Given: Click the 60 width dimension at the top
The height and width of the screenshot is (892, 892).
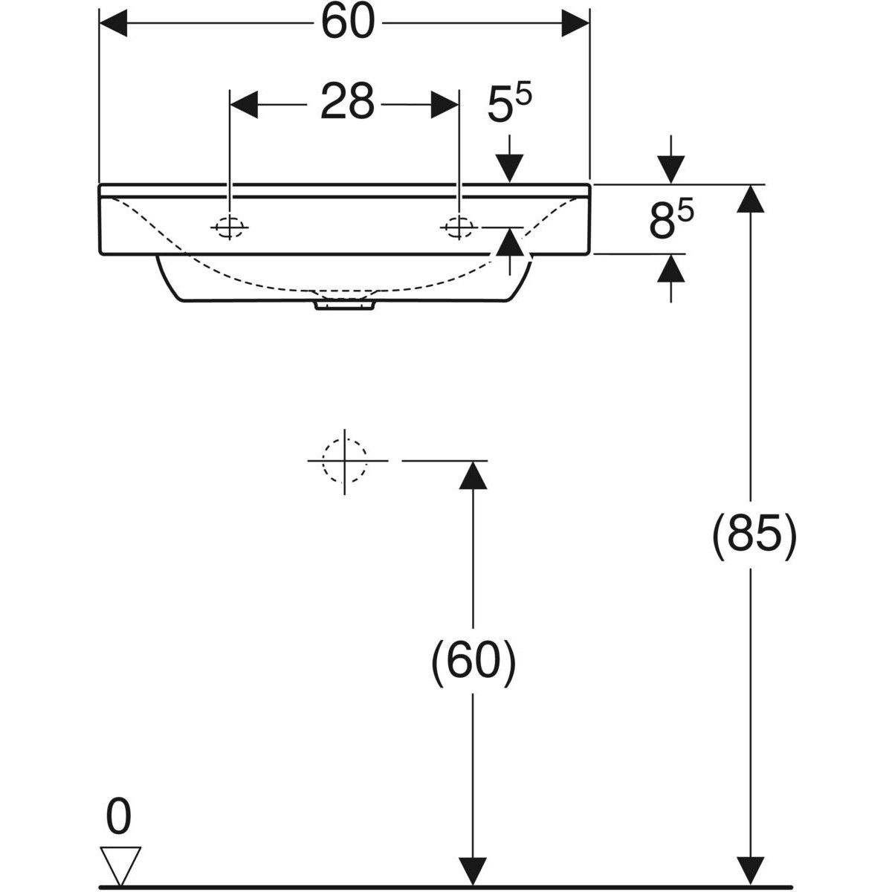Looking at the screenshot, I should (346, 23).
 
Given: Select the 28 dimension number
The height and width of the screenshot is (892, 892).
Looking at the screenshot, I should (346, 102).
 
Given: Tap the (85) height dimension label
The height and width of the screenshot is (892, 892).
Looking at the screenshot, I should (754, 535).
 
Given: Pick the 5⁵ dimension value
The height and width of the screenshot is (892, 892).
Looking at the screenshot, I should (510, 105).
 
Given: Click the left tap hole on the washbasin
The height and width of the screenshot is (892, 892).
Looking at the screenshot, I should (230, 227).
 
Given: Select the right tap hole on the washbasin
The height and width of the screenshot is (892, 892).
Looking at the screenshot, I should (459, 227).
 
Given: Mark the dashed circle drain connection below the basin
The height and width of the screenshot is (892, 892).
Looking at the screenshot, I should (344, 461).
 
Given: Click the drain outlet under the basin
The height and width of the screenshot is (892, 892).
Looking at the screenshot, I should (344, 304).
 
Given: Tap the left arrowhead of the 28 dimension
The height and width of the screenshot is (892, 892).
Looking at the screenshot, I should (245, 103).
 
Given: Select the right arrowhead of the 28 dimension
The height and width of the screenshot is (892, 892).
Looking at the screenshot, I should (445, 103).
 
